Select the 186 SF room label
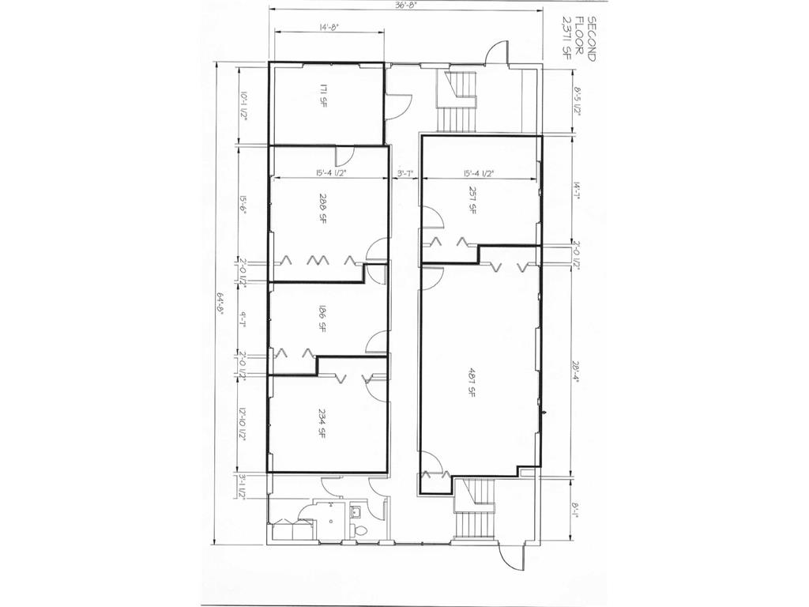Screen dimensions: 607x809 click(324, 318)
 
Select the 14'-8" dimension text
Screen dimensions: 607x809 click(329, 28)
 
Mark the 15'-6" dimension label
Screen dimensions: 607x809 click(244, 207)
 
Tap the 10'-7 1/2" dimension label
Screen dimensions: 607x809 click(244, 106)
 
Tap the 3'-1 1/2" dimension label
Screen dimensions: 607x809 click(244, 486)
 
